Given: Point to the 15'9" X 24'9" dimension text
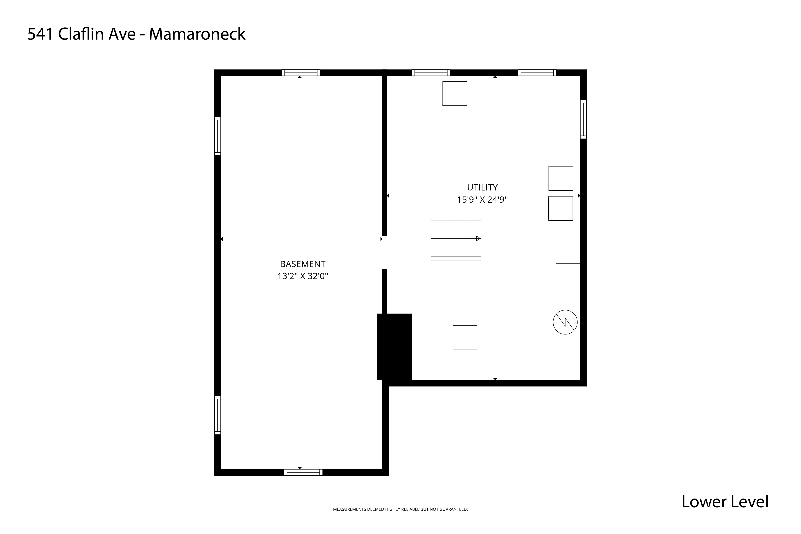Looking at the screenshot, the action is point(482,200).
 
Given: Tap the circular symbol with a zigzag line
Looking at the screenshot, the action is point(565,322).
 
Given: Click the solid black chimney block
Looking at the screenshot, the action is point(394,347).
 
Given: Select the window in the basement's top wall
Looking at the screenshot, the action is point(301,73).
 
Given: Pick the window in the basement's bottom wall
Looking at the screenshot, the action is point(303,472).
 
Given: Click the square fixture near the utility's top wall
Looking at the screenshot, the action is point(455,93).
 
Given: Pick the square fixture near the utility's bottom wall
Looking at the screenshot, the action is point(465,337).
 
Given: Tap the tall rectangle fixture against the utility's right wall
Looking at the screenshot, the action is point(568,283).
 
